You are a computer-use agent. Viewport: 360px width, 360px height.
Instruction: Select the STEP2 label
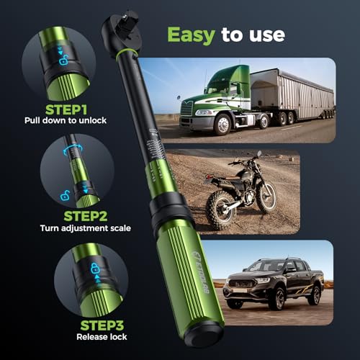86,215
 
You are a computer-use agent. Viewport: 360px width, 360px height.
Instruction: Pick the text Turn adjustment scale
86,229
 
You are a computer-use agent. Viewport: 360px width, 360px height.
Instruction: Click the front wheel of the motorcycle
216,210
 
